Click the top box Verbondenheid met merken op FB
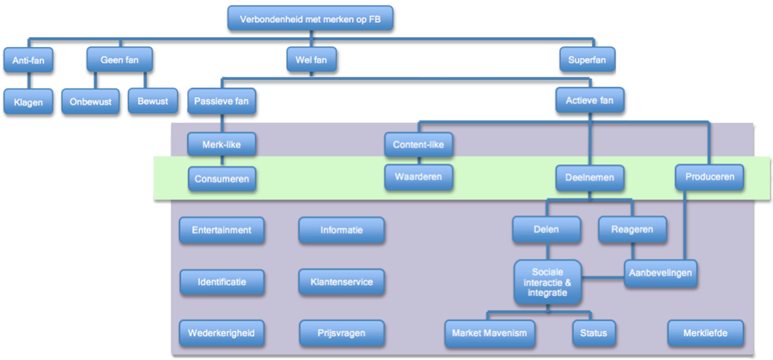point(311,18)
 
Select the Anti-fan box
point(27,61)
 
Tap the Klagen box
point(27,102)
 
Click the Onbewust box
point(90,102)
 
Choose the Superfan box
point(586,61)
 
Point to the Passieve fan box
point(221,101)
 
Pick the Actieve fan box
point(590,101)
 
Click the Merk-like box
point(221,145)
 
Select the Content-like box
point(418,145)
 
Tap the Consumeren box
point(221,178)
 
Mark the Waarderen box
point(418,177)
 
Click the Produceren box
point(709,177)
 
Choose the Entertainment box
point(221,230)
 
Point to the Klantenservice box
point(341,282)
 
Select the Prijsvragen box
point(341,333)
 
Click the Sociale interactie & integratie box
point(547,283)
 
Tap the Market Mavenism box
point(489,333)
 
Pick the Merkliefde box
point(705,333)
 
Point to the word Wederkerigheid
point(221,333)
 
